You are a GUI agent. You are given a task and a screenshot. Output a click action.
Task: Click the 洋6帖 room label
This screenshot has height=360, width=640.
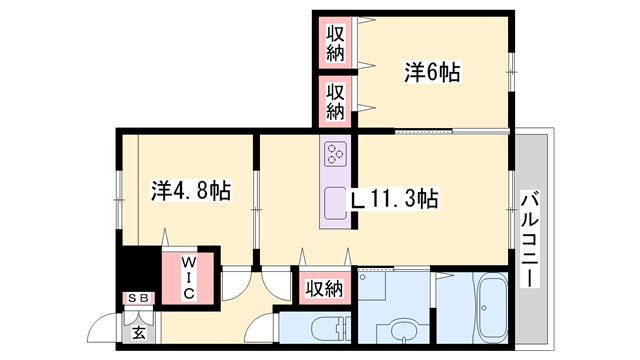(x=432, y=72)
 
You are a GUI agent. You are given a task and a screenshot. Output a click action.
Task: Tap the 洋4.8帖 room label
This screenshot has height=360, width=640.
(x=191, y=190)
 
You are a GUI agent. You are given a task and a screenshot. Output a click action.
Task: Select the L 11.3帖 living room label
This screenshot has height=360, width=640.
(x=393, y=199)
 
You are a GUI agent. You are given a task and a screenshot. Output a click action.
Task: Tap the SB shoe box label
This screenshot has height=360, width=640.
(x=139, y=299)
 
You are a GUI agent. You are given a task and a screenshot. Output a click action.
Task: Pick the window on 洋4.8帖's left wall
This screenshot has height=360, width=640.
(x=119, y=190)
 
